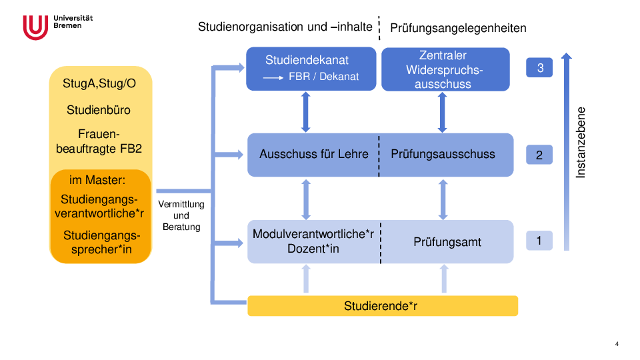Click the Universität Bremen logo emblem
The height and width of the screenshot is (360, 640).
point(35,27)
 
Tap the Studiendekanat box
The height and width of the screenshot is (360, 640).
point(311,68)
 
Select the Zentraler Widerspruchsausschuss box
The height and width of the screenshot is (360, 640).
point(445,69)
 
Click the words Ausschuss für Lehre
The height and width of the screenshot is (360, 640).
point(314,154)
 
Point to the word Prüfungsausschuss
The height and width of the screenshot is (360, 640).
point(443,154)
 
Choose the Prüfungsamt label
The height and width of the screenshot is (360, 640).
point(447,242)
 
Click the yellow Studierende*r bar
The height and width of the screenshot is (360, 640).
point(383,306)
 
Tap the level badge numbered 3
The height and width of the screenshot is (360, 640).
point(539,67)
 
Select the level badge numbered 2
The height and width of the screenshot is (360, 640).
point(539,155)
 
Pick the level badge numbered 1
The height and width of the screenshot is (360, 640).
point(539,240)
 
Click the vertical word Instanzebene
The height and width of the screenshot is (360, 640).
point(581,142)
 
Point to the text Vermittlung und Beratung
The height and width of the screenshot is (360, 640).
point(181,215)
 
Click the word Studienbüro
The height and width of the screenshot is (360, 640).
point(99,110)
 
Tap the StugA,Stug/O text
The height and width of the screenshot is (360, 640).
point(98,84)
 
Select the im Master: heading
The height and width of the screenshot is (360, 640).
point(97,180)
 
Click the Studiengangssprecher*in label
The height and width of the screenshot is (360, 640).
point(101,242)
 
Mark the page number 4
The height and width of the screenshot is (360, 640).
point(617,344)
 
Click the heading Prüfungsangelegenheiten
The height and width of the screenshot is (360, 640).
point(458,28)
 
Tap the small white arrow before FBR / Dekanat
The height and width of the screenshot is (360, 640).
point(273,77)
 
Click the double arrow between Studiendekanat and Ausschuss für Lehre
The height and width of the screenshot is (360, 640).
point(306,112)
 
